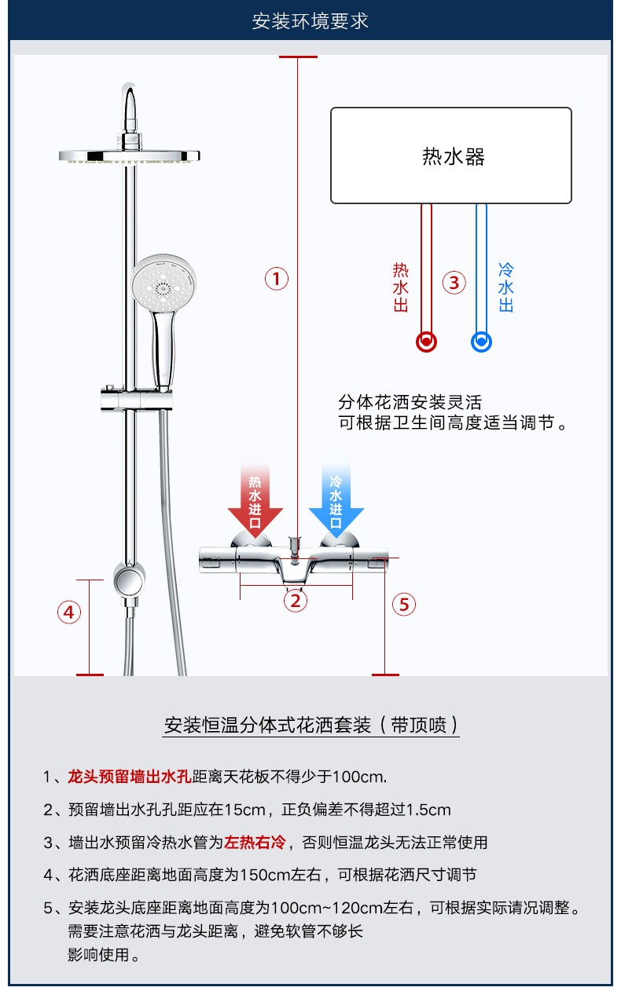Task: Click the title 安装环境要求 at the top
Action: point(310,21)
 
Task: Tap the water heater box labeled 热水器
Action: point(450,155)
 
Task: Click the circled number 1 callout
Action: point(276,278)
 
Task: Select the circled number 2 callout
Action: point(296,601)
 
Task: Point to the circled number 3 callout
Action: point(454,282)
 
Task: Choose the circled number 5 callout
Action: point(404,604)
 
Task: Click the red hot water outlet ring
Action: point(426,342)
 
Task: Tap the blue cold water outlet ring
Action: point(481,342)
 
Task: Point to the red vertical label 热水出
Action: point(401,287)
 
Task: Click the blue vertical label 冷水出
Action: point(506,287)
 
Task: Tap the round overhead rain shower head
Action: point(129,155)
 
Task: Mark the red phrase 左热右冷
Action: point(255,843)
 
